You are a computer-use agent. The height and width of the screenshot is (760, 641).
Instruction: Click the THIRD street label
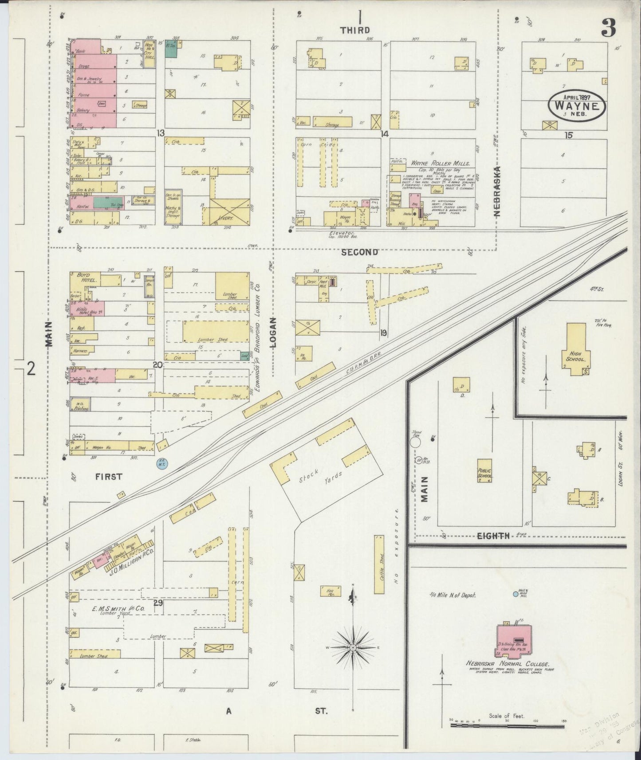pos(354,30)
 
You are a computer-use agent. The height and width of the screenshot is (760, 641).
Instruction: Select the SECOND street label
pos(360,252)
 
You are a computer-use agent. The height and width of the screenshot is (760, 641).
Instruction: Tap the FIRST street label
pos(109,477)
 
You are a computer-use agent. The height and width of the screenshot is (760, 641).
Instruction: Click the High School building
pos(576,349)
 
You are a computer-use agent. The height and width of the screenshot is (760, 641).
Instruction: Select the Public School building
pos(484,470)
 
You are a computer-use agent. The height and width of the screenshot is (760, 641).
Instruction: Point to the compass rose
pos(353,648)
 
